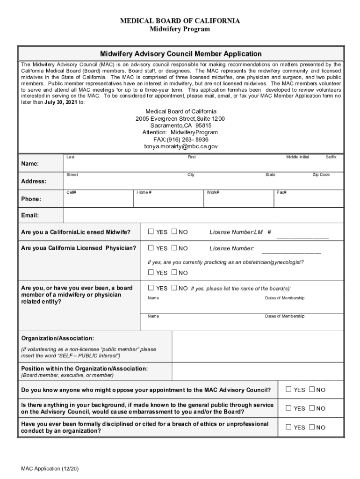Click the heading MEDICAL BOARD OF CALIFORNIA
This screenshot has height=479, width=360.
[180, 21]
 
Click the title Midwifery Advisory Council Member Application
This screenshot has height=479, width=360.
[180, 54]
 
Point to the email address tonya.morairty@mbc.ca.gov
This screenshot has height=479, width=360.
[180, 146]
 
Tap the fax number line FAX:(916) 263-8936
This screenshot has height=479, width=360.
[180, 139]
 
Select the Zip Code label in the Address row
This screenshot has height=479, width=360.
[321, 175]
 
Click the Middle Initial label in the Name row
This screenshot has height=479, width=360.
[297, 157]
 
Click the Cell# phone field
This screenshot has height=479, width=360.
[98, 198]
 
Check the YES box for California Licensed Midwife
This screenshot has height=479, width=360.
[151, 232]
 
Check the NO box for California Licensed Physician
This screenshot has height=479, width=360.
[174, 248]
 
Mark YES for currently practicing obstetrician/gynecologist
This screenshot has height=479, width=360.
[151, 272]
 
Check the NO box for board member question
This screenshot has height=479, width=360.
[174, 288]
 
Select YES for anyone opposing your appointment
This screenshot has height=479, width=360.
[288, 390]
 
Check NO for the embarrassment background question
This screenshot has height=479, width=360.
[311, 408]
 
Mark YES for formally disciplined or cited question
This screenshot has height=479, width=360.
[288, 427]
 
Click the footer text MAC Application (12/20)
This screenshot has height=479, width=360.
[49, 469]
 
